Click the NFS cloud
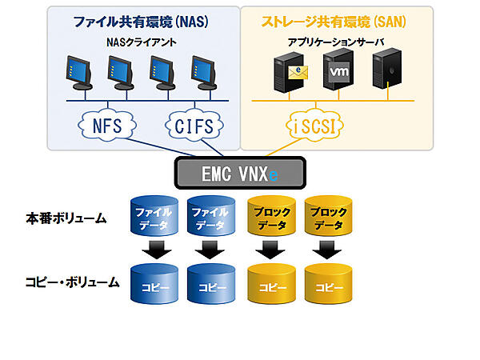click(x=108, y=126)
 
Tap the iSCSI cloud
click(x=312, y=126)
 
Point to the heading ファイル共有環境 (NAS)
click(x=143, y=21)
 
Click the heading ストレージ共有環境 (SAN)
click(x=337, y=21)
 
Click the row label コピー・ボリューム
click(x=71, y=282)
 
